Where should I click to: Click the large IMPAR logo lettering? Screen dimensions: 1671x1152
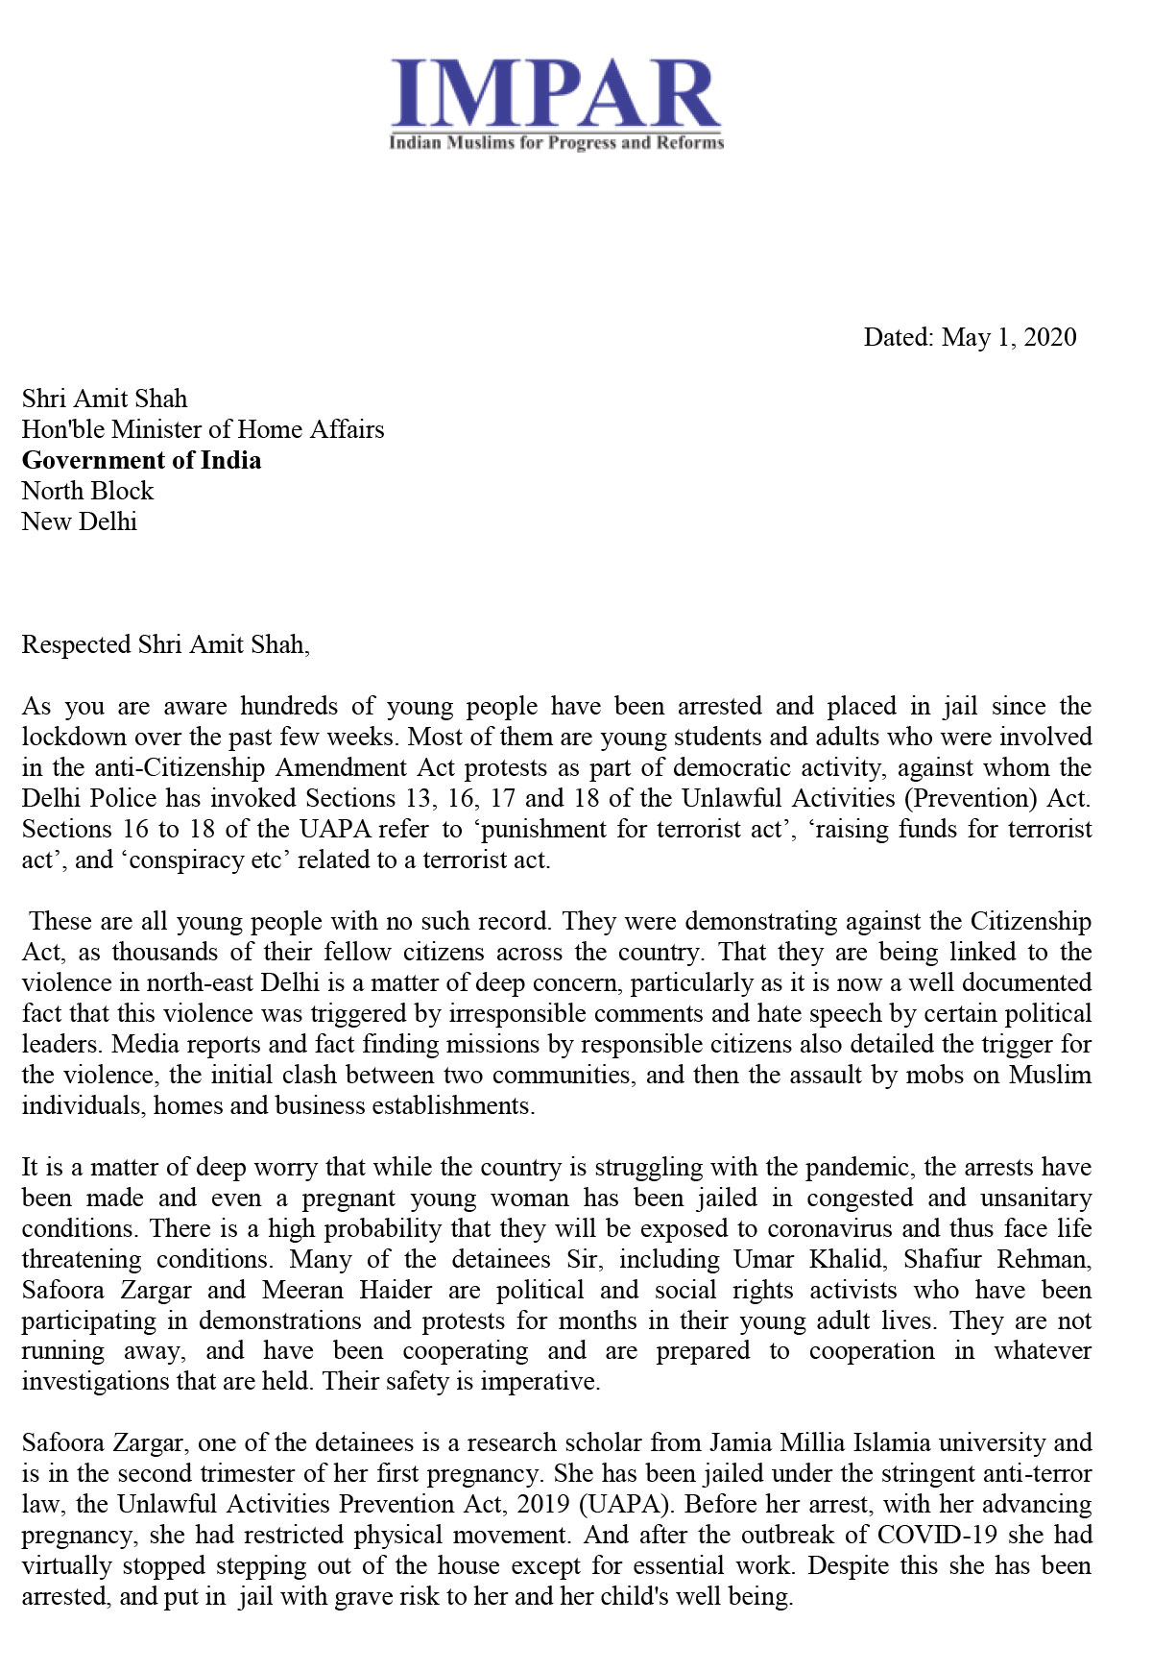556,93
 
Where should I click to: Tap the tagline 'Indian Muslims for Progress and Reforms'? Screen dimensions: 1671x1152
556,143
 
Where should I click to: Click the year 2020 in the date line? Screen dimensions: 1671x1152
1050,337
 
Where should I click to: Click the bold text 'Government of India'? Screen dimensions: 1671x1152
141,460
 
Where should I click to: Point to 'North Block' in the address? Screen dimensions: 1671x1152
87,491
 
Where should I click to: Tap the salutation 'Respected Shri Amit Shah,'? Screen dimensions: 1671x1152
165,644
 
